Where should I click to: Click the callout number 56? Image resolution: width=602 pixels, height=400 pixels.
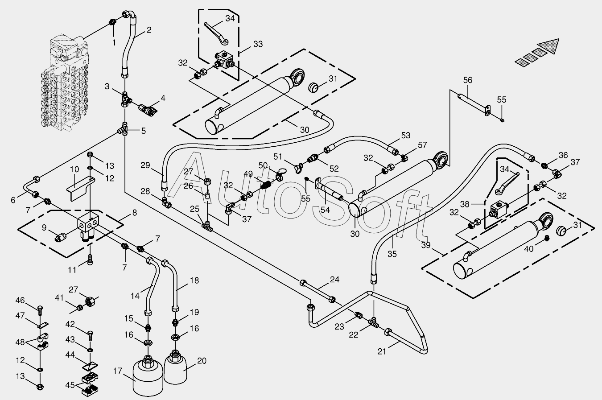coord(468,80)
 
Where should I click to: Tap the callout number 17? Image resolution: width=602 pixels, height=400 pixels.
coord(118,371)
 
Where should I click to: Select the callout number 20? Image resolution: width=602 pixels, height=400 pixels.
coord(202,361)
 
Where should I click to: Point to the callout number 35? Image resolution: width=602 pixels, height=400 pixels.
coord(392,254)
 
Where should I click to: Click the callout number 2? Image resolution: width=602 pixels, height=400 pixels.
coord(149,30)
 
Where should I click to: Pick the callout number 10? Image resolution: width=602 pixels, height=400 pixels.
coord(74,169)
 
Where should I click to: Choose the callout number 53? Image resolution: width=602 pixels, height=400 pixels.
coord(406,135)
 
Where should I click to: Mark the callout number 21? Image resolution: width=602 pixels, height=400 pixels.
coord(382,351)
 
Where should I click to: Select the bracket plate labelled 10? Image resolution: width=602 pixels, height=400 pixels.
coord(80,188)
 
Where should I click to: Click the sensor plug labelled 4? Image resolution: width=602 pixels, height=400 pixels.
coord(148,110)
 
